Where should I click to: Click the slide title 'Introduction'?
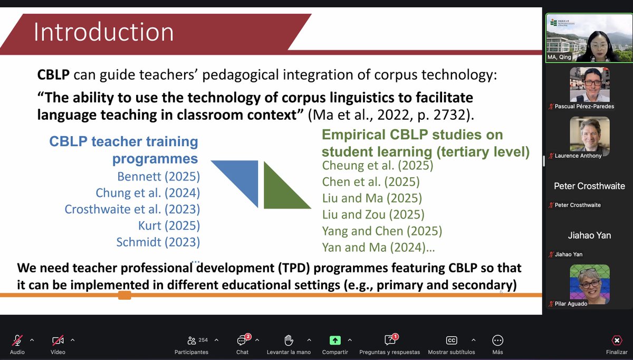pos(103,32)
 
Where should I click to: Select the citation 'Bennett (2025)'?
pos(158,176)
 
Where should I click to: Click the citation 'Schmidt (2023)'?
pos(158,242)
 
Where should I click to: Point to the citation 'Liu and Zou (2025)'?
pos(373,214)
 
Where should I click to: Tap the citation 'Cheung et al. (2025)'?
pos(377,166)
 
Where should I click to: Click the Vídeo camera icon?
pos(57,340)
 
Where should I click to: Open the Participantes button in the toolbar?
pos(191,340)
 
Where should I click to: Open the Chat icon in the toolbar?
pos(242,340)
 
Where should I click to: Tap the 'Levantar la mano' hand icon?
pos(289,340)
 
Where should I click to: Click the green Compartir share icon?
pos(335,340)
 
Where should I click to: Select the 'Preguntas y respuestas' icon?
pos(390,340)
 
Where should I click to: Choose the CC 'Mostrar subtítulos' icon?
pos(451,340)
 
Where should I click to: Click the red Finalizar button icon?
pos(616,340)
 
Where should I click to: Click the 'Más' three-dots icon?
pos(497,340)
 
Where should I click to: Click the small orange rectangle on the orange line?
pos(124,295)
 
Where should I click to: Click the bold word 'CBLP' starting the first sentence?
pos(53,75)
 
